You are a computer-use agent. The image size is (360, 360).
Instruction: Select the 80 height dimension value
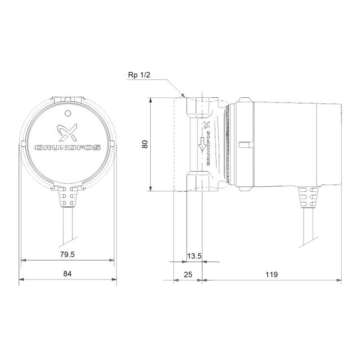tap(145, 143)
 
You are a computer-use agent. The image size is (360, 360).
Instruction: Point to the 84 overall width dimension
tap(67, 274)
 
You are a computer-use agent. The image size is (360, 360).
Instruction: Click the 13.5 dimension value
tap(194, 256)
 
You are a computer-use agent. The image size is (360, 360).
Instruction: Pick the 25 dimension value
tap(188, 274)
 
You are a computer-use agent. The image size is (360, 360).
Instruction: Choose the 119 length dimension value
tap(272, 274)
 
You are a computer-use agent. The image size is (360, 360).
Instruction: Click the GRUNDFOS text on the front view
tap(67, 147)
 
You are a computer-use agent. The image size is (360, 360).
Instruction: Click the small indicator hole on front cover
tap(67, 114)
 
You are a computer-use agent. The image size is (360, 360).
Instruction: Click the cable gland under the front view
tap(67, 197)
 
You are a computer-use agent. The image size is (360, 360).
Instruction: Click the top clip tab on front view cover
tap(67, 99)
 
